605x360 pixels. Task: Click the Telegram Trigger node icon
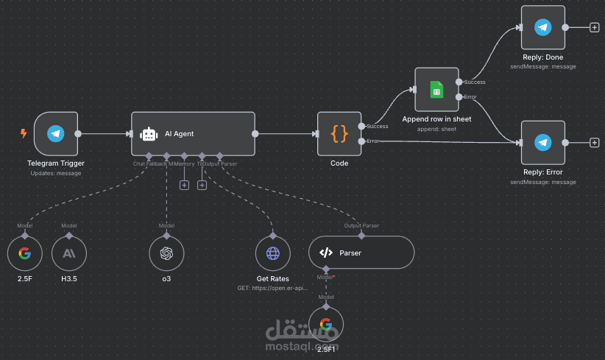tap(55, 134)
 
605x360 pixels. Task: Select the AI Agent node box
tap(193, 134)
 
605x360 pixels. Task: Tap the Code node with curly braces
tap(339, 134)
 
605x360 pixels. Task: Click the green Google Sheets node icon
tap(436, 90)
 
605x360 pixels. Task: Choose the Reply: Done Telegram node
tap(542, 28)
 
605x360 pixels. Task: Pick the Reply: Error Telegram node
tap(542, 142)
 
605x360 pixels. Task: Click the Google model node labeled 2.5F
tap(25, 254)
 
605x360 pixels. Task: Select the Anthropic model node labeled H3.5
tap(69, 254)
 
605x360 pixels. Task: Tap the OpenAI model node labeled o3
tap(166, 254)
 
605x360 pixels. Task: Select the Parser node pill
tap(361, 253)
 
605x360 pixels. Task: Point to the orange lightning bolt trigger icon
tap(24, 134)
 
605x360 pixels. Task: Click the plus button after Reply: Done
tap(595, 28)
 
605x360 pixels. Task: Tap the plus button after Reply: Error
tap(595, 142)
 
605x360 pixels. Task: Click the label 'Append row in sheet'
tap(436, 119)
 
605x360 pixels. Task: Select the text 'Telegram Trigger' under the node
tap(56, 163)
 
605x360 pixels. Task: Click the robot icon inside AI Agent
tap(149, 134)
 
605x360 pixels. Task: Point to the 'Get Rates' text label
tap(273, 279)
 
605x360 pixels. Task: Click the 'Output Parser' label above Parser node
tap(361, 225)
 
